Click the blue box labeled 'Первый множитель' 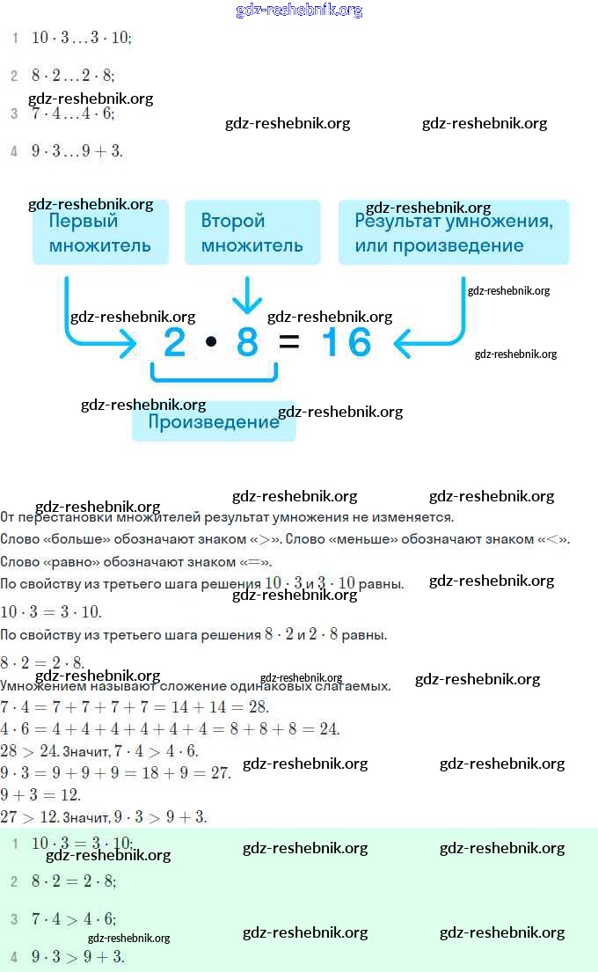pyautogui.click(x=99, y=232)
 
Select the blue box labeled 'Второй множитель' pyautogui.click(x=252, y=232)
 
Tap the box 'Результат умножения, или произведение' pyautogui.click(x=454, y=232)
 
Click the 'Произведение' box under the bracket pyautogui.click(x=214, y=422)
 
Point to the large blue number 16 pyautogui.click(x=346, y=342)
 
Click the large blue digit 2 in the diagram pyautogui.click(x=175, y=342)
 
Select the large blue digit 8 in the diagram pyautogui.click(x=247, y=342)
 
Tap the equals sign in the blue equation pyautogui.click(x=289, y=342)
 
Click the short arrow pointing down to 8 pyautogui.click(x=247, y=296)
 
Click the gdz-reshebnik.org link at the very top pyautogui.click(x=299, y=11)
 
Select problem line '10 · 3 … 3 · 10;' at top pyautogui.click(x=81, y=38)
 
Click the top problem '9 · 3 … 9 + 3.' pyautogui.click(x=77, y=151)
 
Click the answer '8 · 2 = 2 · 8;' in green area pyautogui.click(x=74, y=881)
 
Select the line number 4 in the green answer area pyautogui.click(x=14, y=957)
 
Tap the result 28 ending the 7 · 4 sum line pyautogui.click(x=258, y=707)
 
